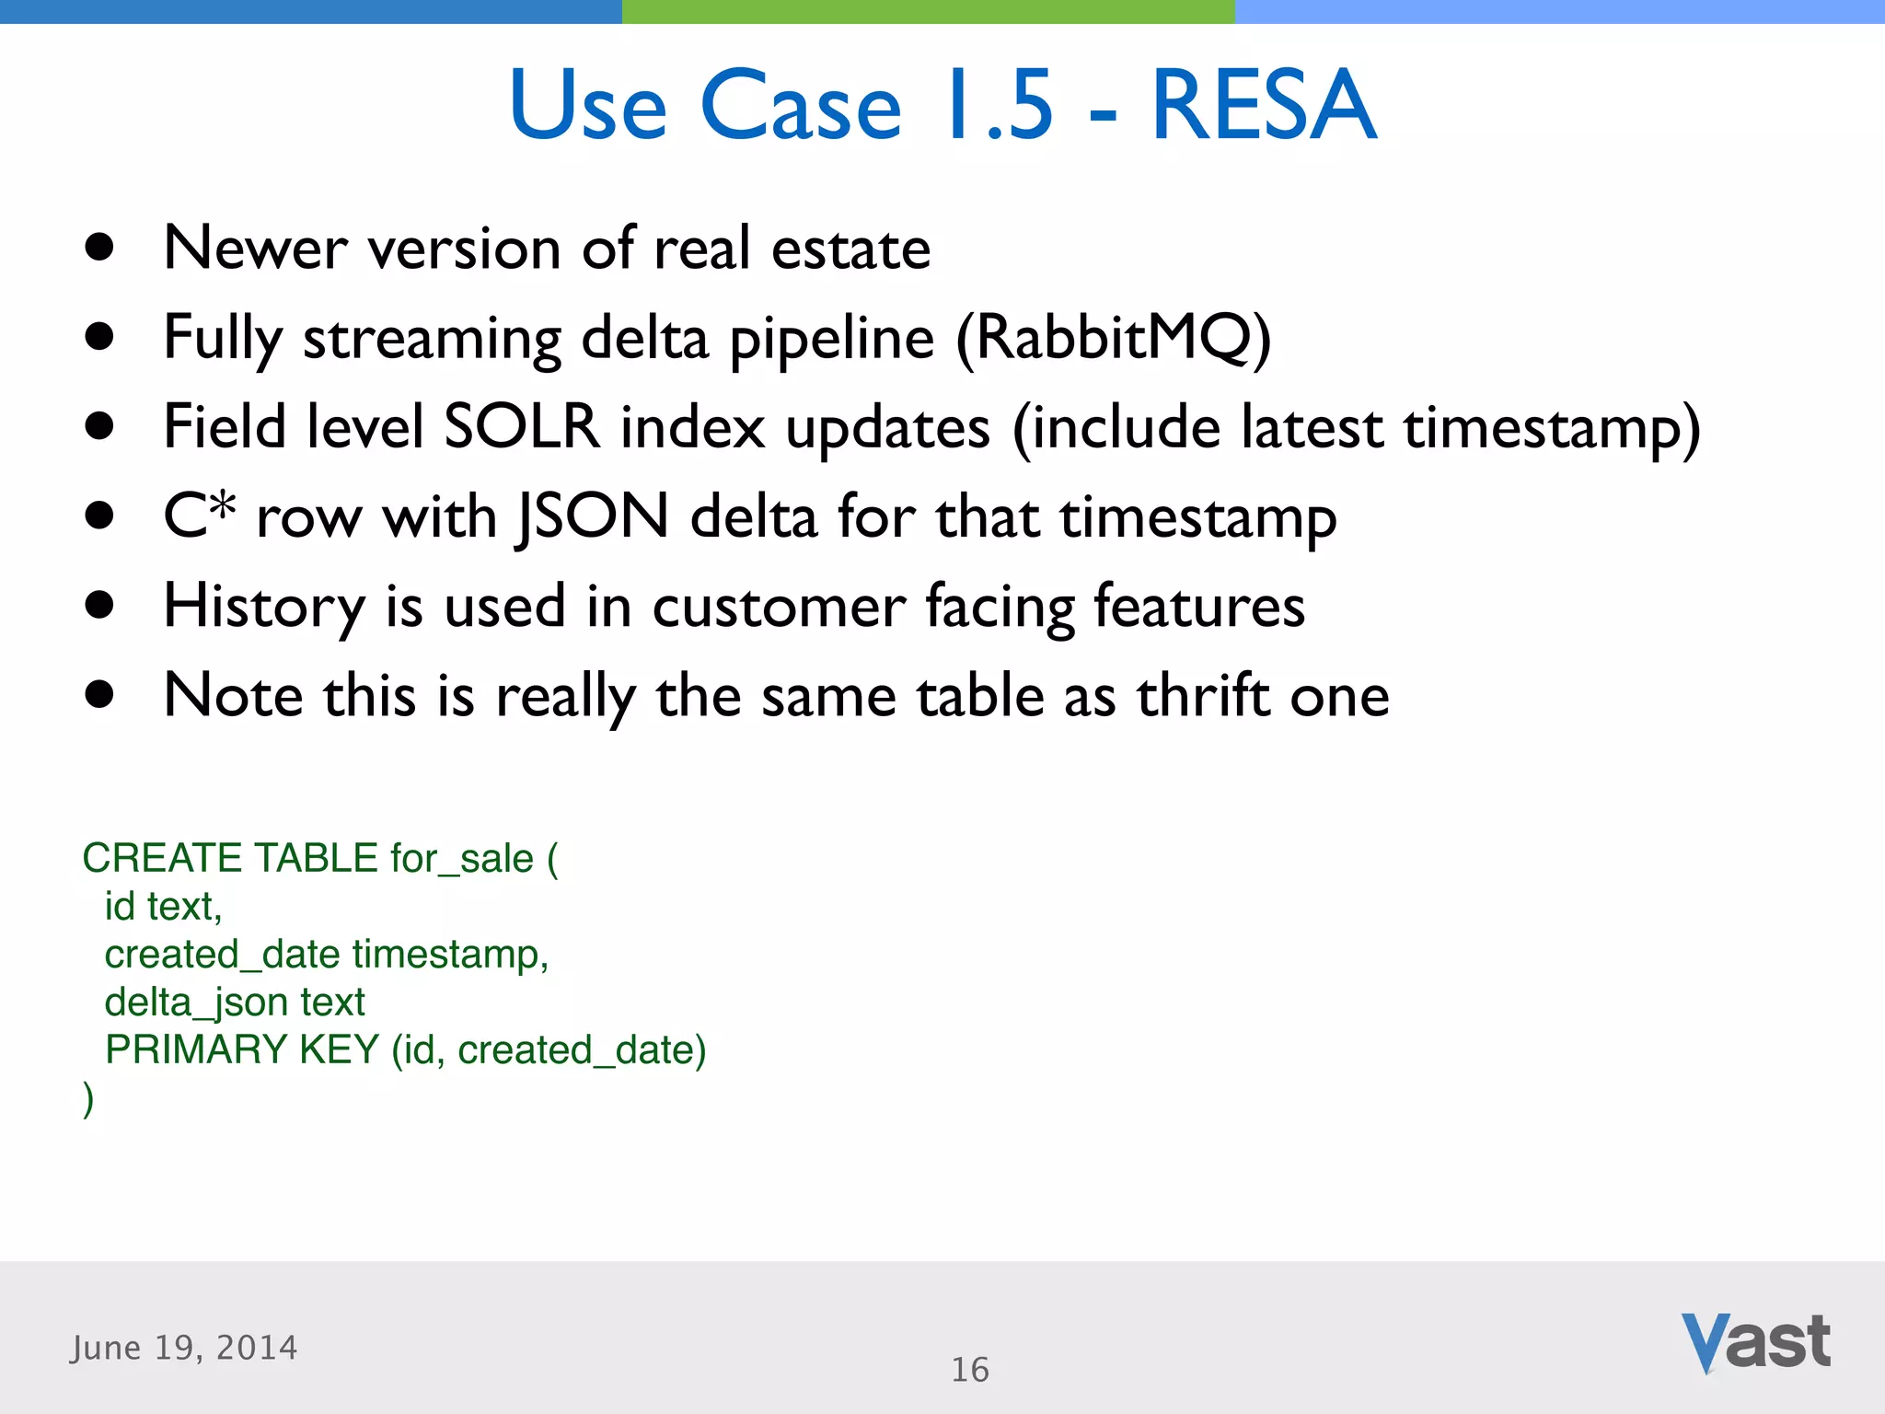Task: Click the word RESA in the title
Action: (1263, 106)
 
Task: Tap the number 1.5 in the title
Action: (1000, 106)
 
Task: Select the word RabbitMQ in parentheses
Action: (1113, 338)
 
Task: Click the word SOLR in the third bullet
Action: (521, 427)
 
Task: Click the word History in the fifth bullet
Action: (264, 607)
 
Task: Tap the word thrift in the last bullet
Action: (1203, 696)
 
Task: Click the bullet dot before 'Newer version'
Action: (98, 248)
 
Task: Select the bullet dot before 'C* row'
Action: (98, 516)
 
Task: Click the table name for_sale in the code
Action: (461, 858)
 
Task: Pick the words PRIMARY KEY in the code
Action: (242, 1049)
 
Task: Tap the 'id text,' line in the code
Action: (163, 906)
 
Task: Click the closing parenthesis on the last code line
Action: (88, 1098)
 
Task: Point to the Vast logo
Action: (1755, 1342)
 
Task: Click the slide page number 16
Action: (969, 1370)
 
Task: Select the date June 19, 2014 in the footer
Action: (184, 1348)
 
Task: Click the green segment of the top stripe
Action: (928, 11)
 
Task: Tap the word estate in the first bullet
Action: (850, 249)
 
